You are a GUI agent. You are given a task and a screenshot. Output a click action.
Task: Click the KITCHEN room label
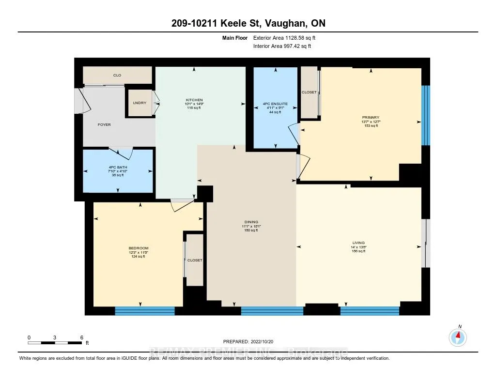(194, 100)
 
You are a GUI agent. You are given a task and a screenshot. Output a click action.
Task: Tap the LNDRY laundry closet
(139, 103)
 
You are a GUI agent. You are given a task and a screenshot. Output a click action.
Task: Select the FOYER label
(104, 125)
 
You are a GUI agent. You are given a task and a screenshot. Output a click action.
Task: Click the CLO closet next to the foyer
(117, 76)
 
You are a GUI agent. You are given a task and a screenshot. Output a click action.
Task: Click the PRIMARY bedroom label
(371, 117)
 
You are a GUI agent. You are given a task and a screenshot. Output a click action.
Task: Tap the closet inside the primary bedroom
(309, 92)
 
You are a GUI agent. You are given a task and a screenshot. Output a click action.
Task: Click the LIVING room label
(358, 243)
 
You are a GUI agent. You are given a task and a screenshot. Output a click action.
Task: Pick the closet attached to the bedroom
(195, 260)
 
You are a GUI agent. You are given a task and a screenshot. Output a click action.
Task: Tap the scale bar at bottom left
(55, 343)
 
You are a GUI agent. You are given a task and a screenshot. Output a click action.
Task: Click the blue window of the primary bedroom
(425, 115)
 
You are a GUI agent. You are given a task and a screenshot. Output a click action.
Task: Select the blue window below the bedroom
(144, 311)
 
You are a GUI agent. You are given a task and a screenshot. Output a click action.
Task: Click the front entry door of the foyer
(79, 101)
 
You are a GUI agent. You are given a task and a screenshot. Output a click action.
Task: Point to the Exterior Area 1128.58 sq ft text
(285, 38)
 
